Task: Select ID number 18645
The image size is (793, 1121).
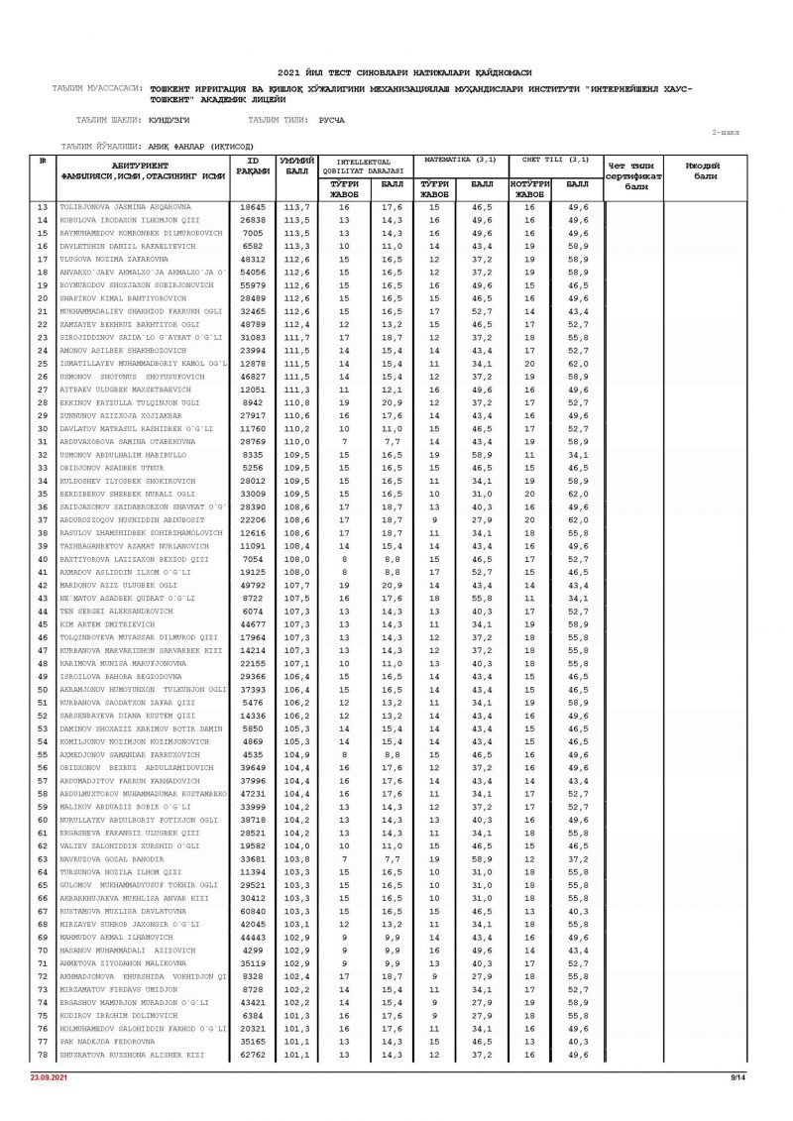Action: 253,207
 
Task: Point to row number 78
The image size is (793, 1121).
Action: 43,1055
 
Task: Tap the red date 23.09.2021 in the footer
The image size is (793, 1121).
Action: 46,1076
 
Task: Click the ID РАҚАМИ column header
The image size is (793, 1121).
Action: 253,166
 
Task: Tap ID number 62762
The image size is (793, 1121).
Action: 253,1055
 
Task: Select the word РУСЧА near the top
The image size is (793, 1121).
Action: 331,120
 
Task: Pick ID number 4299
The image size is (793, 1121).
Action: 253,951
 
